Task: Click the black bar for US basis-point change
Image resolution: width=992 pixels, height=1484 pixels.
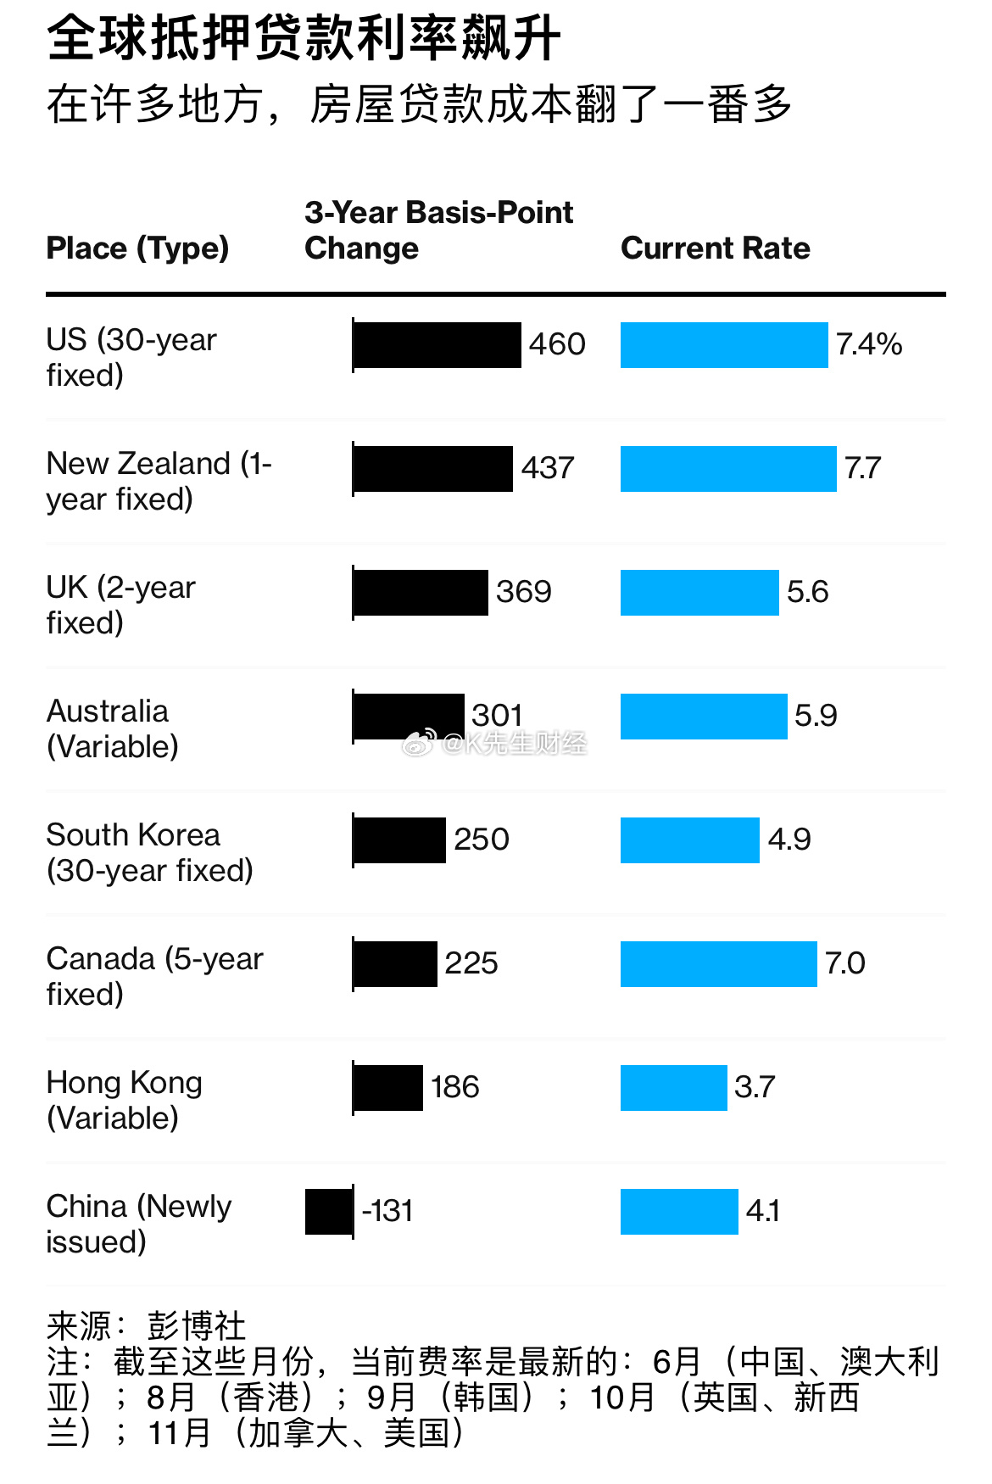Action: click(x=437, y=345)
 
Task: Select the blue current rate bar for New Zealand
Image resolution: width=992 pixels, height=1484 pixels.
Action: click(x=728, y=469)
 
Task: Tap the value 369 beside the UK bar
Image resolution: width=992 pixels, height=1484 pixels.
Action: click(x=524, y=592)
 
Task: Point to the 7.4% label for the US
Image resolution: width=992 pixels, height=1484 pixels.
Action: click(x=868, y=344)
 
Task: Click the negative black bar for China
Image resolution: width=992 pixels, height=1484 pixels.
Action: click(x=329, y=1212)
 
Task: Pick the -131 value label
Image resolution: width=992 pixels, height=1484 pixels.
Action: click(x=388, y=1211)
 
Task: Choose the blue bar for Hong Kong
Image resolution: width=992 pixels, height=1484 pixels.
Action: click(x=673, y=1088)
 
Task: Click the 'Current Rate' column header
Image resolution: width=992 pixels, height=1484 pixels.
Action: click(x=715, y=248)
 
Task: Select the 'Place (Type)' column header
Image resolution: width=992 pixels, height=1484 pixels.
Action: click(x=137, y=248)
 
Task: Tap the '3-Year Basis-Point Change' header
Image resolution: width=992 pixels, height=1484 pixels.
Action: click(x=438, y=230)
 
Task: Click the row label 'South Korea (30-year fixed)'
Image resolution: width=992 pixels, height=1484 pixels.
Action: click(x=149, y=853)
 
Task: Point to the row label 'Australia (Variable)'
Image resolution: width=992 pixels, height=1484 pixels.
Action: click(x=112, y=729)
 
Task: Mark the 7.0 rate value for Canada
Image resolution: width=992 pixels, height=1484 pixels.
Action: click(x=844, y=963)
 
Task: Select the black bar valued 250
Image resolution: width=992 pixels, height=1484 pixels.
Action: click(x=399, y=840)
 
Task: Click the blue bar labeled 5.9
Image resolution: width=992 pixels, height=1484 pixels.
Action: click(x=704, y=717)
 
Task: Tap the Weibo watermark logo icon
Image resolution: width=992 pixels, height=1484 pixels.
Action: click(x=418, y=744)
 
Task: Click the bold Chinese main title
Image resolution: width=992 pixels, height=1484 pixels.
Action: click(x=304, y=39)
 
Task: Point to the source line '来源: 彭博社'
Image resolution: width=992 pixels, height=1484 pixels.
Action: click(x=146, y=1325)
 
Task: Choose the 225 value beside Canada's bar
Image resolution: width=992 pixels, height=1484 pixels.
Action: click(x=471, y=963)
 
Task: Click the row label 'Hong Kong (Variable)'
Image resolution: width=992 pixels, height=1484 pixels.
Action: click(x=124, y=1101)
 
